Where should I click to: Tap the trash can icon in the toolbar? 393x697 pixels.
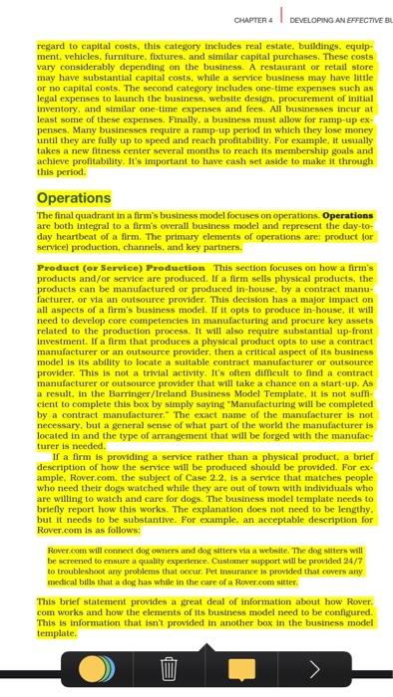(169, 665)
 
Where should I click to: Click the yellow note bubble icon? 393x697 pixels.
(241, 665)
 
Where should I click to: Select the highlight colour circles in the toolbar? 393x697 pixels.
(96, 665)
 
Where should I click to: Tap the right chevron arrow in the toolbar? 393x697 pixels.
(314, 665)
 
